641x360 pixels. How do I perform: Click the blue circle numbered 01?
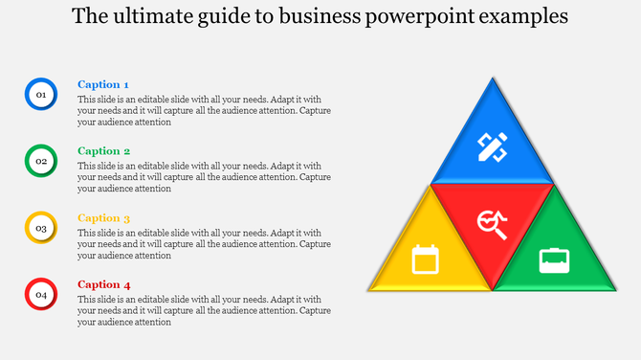pyautogui.click(x=41, y=94)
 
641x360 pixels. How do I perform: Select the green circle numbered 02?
pyautogui.click(x=41, y=161)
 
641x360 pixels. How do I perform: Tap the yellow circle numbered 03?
pyautogui.click(x=41, y=228)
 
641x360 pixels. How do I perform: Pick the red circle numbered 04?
pyautogui.click(x=41, y=295)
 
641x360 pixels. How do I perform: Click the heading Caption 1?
pyautogui.click(x=103, y=84)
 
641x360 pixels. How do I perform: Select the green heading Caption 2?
pyautogui.click(x=103, y=151)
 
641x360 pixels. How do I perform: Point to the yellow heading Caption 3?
pyautogui.click(x=103, y=218)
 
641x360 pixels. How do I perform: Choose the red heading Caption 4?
pyautogui.click(x=103, y=285)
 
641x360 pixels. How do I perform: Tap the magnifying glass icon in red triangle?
pyautogui.click(x=493, y=223)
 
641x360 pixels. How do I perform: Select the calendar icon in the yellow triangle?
pyautogui.click(x=425, y=259)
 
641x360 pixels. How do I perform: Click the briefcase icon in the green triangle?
pyautogui.click(x=555, y=259)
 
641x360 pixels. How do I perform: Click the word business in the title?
pyautogui.click(x=327, y=17)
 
